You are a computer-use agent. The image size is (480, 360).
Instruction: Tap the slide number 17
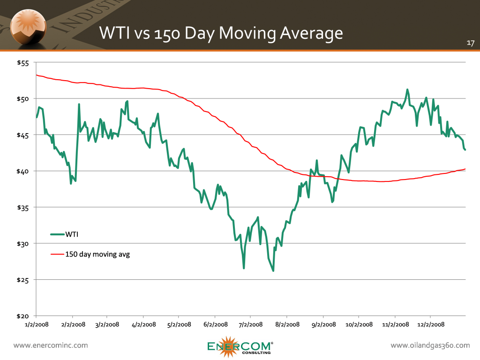coord(471,43)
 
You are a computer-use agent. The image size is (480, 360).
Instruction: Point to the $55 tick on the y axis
coord(24,63)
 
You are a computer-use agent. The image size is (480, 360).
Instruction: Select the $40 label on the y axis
coord(24,171)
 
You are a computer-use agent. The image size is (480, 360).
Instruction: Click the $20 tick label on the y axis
coord(24,316)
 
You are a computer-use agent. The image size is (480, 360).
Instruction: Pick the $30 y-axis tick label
coord(24,244)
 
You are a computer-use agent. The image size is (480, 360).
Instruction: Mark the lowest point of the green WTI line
coord(273,271)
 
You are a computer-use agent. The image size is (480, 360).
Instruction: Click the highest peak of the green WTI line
coord(407,90)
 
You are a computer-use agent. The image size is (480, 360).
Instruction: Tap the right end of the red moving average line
coord(465,169)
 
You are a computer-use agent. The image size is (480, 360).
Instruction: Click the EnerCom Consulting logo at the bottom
coord(240,346)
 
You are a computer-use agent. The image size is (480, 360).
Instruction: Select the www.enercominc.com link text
coord(51,345)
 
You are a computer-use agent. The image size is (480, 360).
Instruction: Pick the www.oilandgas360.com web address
coord(430,345)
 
